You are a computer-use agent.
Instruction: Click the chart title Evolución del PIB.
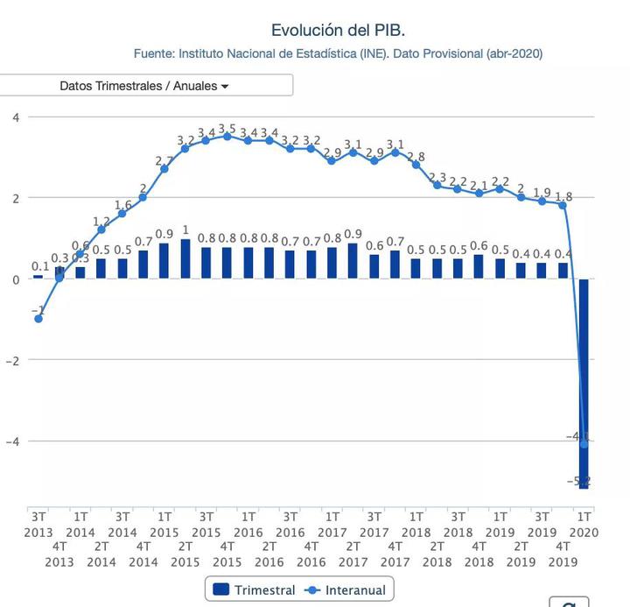(x=338, y=31)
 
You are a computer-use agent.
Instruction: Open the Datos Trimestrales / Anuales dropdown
(x=144, y=86)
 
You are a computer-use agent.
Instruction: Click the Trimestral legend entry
(x=255, y=589)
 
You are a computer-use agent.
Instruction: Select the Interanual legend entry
(x=347, y=589)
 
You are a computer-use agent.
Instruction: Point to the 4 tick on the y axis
(x=14, y=117)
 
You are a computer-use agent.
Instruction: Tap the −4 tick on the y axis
(x=12, y=441)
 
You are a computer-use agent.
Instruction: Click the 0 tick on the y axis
(x=15, y=280)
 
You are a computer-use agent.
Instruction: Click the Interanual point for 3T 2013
(x=38, y=319)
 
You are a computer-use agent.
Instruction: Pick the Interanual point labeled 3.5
(x=227, y=137)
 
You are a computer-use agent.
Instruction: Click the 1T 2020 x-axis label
(x=584, y=524)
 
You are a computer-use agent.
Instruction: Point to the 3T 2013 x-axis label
(x=38, y=524)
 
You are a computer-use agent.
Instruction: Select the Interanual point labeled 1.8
(x=563, y=205)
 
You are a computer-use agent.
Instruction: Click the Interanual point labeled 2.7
(x=164, y=169)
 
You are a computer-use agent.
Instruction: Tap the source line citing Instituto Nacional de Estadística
(x=338, y=53)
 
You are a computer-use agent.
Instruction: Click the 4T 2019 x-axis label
(x=563, y=554)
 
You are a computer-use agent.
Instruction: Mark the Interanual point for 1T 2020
(x=584, y=444)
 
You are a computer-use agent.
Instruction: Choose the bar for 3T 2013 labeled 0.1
(x=38, y=277)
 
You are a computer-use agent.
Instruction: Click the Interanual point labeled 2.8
(x=416, y=165)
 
